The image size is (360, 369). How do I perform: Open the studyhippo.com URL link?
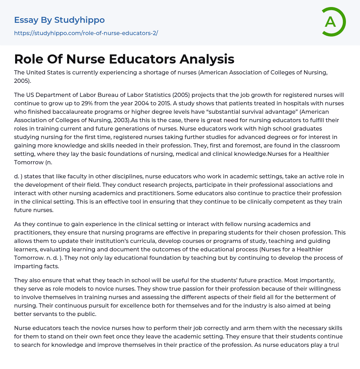[86, 33]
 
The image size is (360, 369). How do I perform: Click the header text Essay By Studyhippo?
[59, 20]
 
